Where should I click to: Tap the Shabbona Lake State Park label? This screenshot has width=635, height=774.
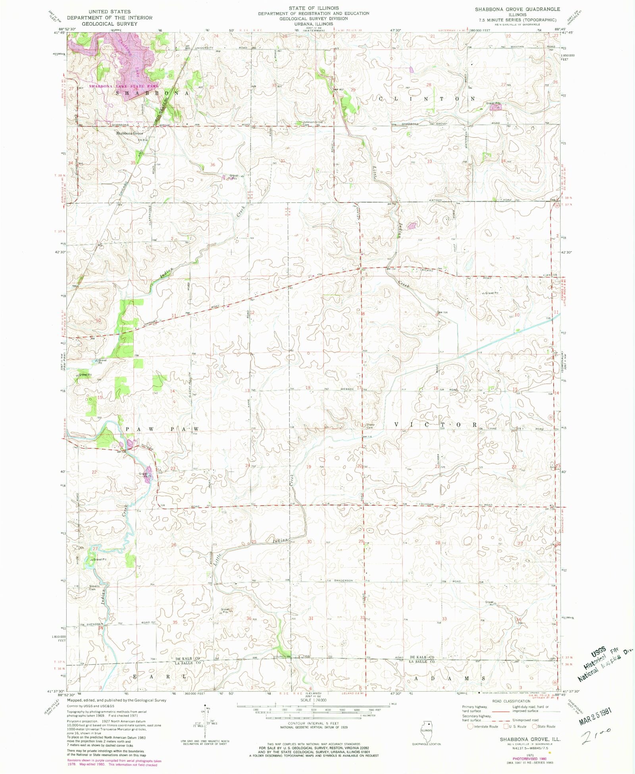coord(123,86)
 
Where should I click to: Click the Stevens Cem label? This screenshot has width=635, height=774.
coord(94,587)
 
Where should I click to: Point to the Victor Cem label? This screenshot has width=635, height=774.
coord(370,426)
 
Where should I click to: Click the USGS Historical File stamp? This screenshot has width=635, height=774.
coord(605,663)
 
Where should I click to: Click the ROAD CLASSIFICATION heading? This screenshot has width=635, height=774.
coord(511,701)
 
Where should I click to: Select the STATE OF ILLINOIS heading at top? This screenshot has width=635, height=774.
coord(314,8)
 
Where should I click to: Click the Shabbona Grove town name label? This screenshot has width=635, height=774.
coord(129,133)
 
